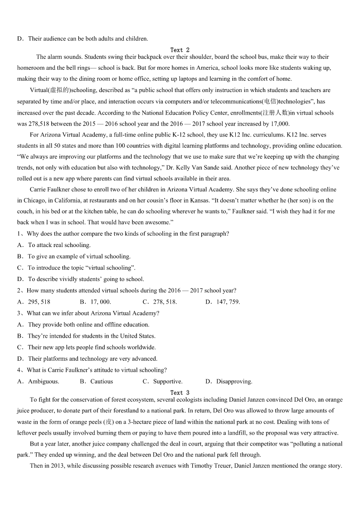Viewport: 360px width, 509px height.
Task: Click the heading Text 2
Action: pos(180,50)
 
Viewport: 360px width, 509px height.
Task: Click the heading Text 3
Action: pos(180,393)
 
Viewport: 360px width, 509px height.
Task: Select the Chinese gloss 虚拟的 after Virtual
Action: pos(58,90)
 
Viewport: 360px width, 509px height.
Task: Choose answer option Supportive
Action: pos(168,382)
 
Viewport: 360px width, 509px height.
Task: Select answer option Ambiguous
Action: pos(44,382)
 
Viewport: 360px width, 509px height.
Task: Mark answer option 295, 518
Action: pos(39,302)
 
